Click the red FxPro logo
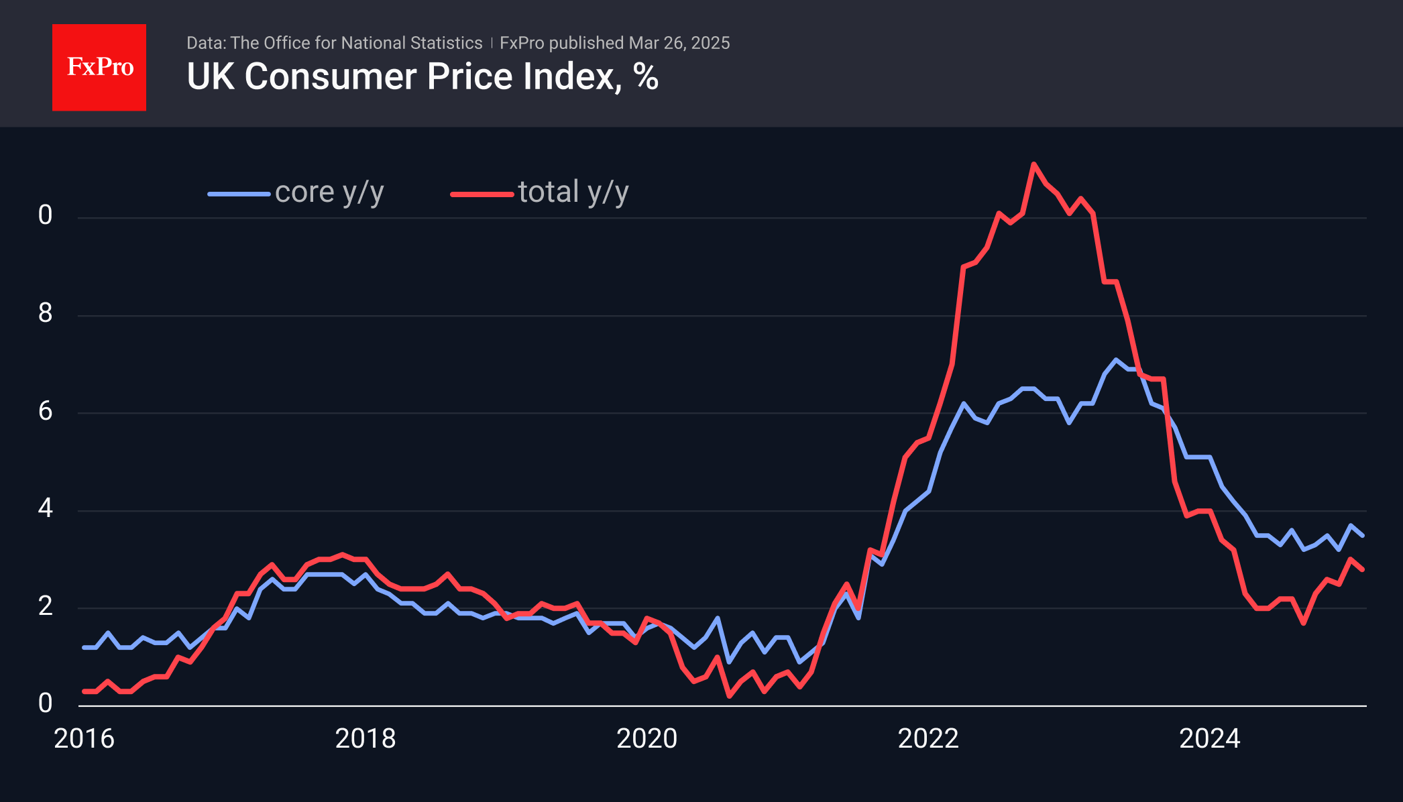pyautogui.click(x=99, y=67)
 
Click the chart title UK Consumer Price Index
pyautogui.click(x=423, y=76)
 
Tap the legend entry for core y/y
pyautogui.click(x=329, y=192)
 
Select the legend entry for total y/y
pyautogui.click(x=573, y=192)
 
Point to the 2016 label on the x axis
pyautogui.click(x=84, y=738)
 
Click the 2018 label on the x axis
pyautogui.click(x=366, y=738)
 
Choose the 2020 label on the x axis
pyautogui.click(x=647, y=738)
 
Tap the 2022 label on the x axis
pyautogui.click(x=928, y=738)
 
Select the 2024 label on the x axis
pyautogui.click(x=1209, y=738)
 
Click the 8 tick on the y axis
pyautogui.click(x=45, y=313)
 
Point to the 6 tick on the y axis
pyautogui.click(x=45, y=411)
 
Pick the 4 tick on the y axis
pyautogui.click(x=45, y=508)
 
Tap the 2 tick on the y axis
pyautogui.click(x=45, y=606)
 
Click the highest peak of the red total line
pyautogui.click(x=1033, y=164)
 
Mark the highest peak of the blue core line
pyautogui.click(x=1116, y=359)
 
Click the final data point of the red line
pyautogui.click(x=1362, y=569)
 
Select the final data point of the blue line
pyautogui.click(x=1362, y=535)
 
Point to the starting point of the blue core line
pyautogui.click(x=84, y=647)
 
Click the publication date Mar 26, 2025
pyautogui.click(x=679, y=43)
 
